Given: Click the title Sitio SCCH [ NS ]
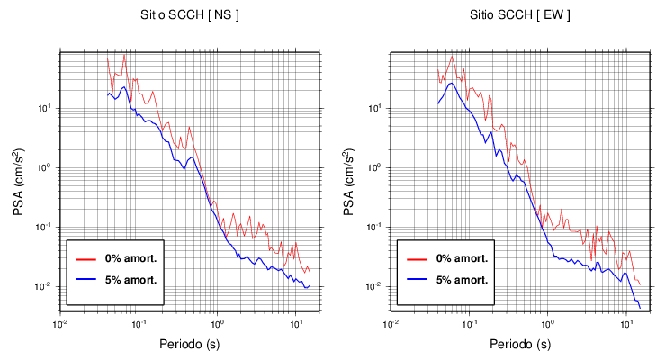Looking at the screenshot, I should (x=189, y=15).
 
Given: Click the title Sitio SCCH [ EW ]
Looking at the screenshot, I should (x=519, y=15).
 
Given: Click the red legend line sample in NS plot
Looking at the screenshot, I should (x=86, y=258).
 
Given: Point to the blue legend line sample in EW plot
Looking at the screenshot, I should (x=417, y=279).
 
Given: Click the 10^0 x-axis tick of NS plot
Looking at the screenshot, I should (x=216, y=323).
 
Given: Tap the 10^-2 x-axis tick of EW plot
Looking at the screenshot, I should (x=391, y=323).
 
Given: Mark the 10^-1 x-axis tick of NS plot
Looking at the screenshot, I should (x=138, y=323).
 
